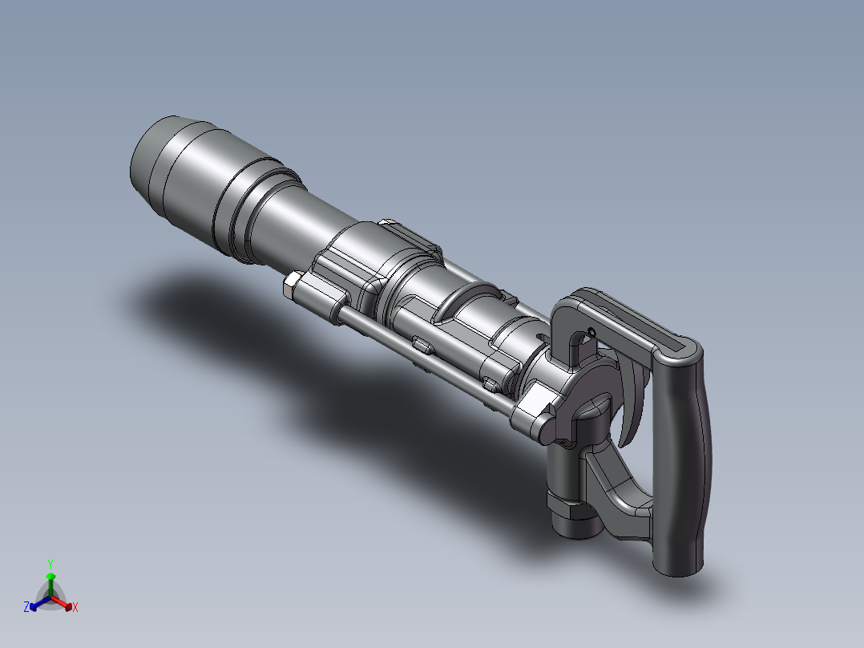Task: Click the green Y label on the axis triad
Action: (x=50, y=564)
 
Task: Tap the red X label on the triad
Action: (x=75, y=607)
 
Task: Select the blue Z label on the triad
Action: (x=26, y=606)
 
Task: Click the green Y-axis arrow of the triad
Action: (x=50, y=584)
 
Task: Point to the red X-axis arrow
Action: (x=62, y=602)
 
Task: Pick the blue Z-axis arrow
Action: (x=40, y=602)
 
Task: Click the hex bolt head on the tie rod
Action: (x=292, y=285)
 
